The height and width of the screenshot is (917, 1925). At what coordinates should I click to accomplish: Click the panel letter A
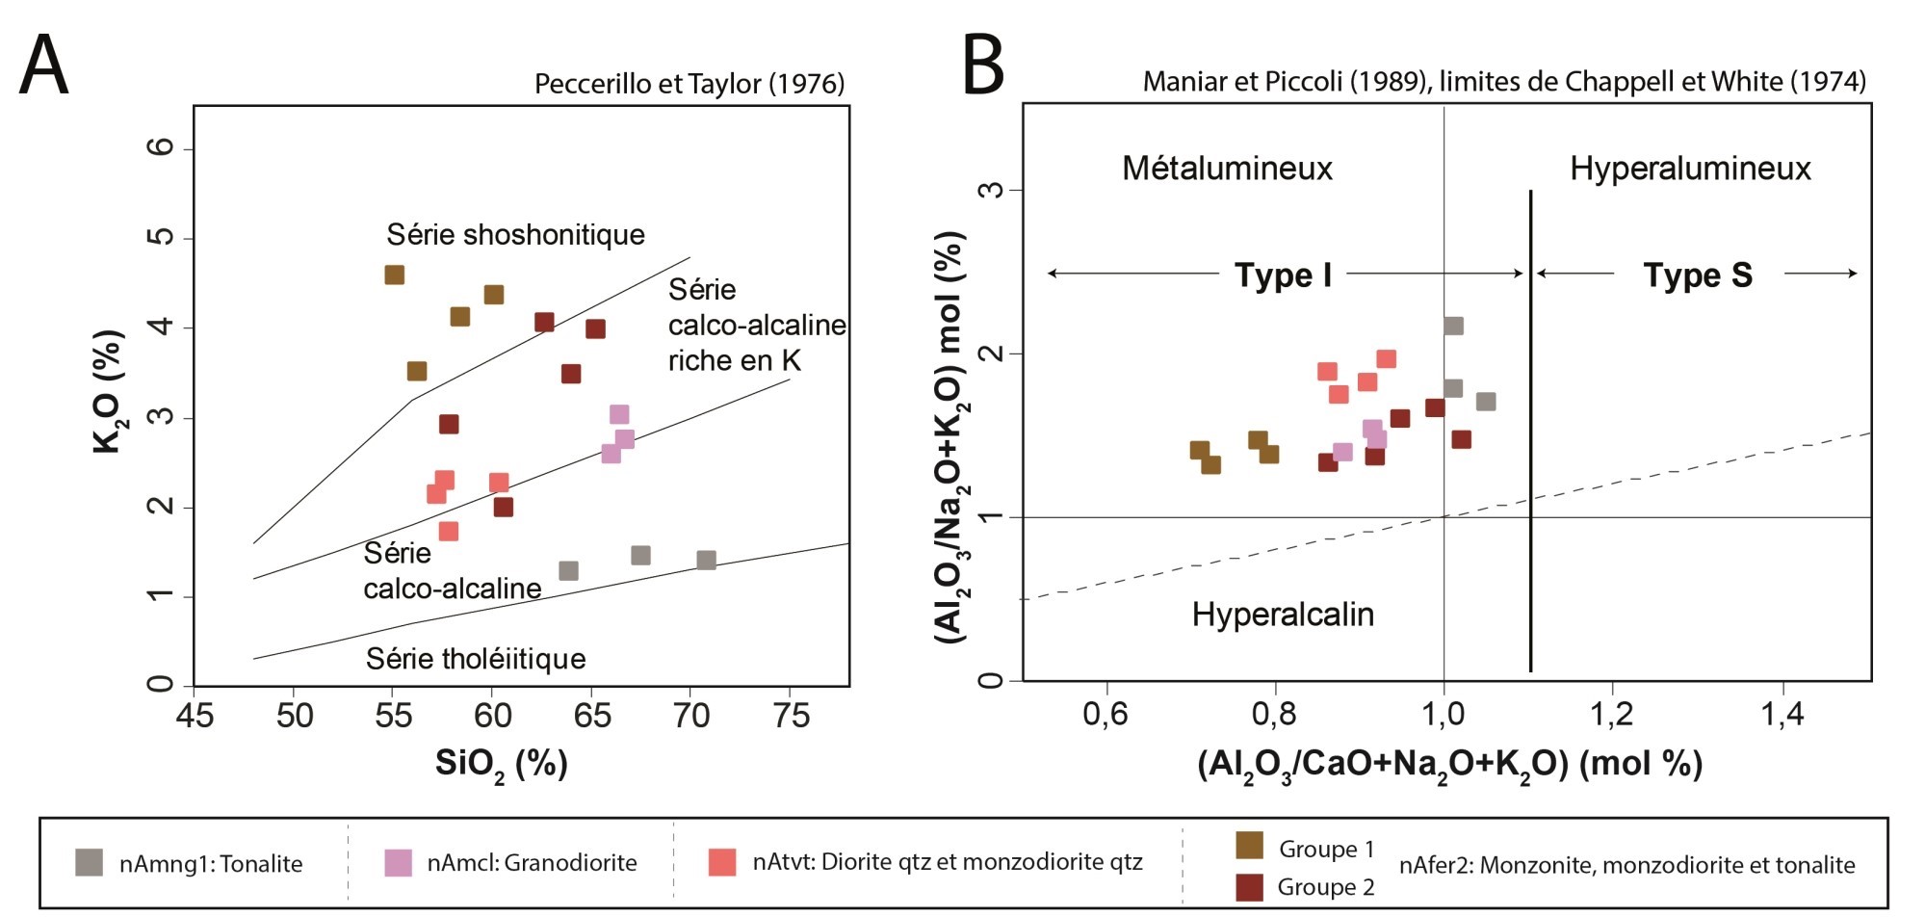[x=44, y=65]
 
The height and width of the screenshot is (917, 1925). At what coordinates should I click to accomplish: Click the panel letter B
[x=983, y=65]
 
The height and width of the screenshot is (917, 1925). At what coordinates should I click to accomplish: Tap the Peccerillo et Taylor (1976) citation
[x=689, y=84]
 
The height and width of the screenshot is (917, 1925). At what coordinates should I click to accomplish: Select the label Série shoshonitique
[x=515, y=234]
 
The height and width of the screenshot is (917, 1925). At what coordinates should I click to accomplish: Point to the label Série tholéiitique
[x=476, y=659]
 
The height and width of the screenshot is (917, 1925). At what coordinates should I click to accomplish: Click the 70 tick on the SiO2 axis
[x=690, y=716]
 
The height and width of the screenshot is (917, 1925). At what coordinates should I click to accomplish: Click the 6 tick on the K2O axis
[x=162, y=147]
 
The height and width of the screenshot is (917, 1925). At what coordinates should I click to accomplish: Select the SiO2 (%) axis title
[x=501, y=764]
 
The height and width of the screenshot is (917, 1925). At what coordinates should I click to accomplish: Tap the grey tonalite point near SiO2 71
[x=706, y=560]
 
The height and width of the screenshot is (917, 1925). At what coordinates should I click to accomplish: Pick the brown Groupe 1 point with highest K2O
[x=394, y=275]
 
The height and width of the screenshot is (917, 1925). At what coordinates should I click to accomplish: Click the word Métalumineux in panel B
[x=1227, y=169]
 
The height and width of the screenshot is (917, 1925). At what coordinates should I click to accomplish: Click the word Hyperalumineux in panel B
[x=1690, y=169]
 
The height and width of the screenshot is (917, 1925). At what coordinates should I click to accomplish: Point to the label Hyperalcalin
[x=1283, y=615]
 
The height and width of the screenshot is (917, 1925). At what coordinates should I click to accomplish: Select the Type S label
[x=1697, y=275]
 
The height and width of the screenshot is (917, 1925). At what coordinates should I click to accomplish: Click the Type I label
[x=1283, y=275]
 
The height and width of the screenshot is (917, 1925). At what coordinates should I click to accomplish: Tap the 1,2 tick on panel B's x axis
[x=1612, y=714]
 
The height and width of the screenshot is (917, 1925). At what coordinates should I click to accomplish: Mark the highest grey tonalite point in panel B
[x=1454, y=326]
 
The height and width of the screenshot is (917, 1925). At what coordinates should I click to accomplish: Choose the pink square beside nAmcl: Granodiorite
[x=398, y=862]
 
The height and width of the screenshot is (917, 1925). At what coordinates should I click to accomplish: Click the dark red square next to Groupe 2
[x=1249, y=886]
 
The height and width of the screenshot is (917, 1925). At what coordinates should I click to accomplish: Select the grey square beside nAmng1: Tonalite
[x=90, y=862]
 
